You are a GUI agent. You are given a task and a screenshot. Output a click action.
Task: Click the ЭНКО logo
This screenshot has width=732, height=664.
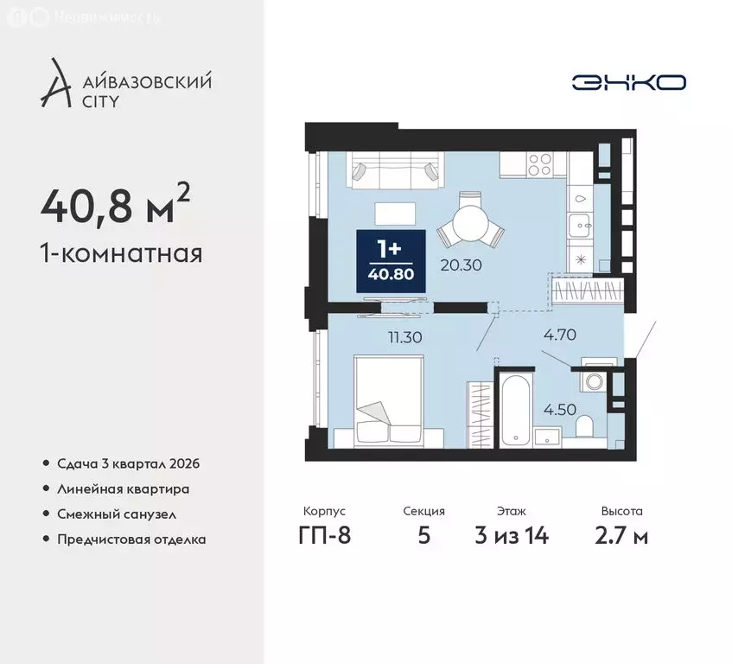click(x=628, y=82)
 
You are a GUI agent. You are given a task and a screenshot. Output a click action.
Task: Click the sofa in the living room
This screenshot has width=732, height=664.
click(x=393, y=169)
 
